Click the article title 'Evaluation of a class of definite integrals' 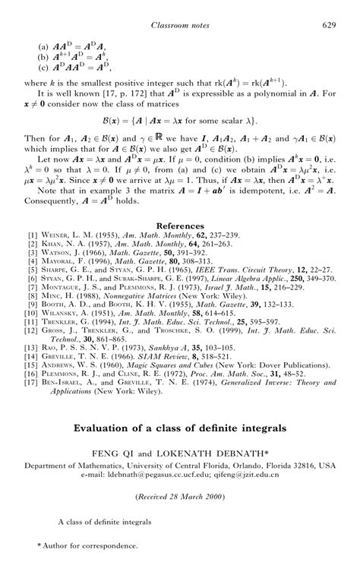coord(180,428)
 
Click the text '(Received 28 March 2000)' coord(180,496)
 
